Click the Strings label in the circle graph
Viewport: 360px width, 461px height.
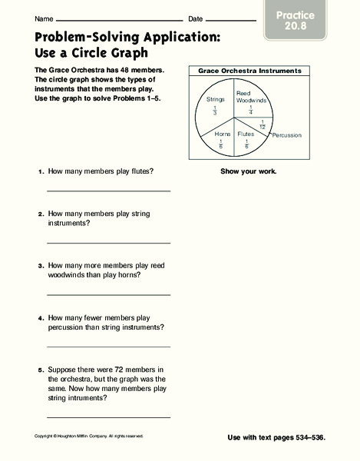click(215, 99)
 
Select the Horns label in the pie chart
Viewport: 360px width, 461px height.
click(223, 134)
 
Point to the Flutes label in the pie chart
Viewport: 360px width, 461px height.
click(246, 134)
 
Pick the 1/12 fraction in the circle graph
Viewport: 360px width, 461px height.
click(263, 124)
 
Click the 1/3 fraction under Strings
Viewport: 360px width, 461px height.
click(216, 111)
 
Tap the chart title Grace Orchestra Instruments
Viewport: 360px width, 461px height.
click(249, 71)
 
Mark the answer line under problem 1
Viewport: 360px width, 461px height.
click(108, 190)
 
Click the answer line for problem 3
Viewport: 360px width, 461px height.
click(108, 294)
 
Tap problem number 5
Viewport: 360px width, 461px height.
click(40, 370)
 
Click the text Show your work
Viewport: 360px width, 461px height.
click(249, 171)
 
